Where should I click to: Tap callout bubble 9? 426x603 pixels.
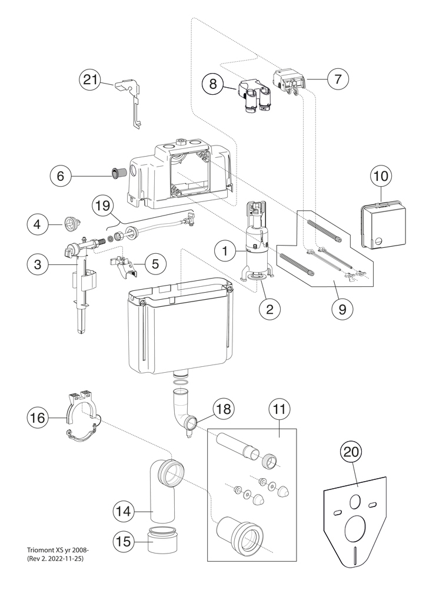(x=342, y=309)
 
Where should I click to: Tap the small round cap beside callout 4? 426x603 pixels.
(x=71, y=223)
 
